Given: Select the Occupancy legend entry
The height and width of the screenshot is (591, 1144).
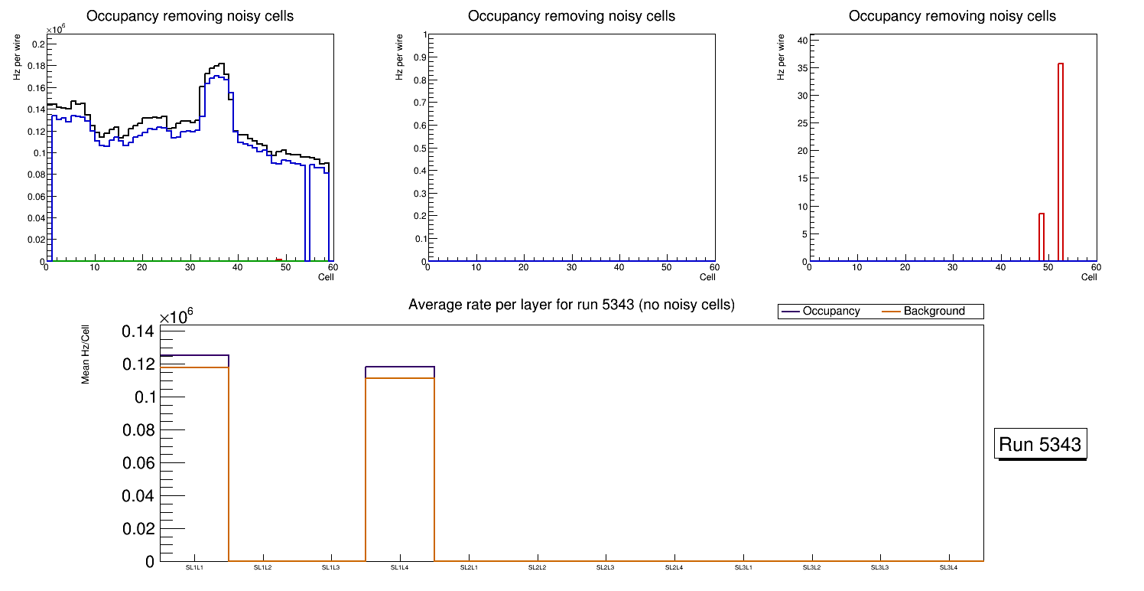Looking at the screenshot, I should click(830, 312).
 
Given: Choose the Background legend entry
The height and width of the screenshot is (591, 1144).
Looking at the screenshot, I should click(934, 312).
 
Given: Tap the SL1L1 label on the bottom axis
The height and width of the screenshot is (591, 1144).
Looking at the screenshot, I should click(195, 568).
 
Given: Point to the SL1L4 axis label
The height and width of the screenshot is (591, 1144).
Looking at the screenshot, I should click(400, 568).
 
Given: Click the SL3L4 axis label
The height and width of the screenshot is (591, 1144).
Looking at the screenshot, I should click(948, 568).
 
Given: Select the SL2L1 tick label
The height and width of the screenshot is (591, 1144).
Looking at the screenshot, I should click(469, 568).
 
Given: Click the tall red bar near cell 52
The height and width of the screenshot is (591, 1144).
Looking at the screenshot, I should click(1061, 161).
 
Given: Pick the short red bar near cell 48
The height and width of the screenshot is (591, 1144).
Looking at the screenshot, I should click(1042, 237).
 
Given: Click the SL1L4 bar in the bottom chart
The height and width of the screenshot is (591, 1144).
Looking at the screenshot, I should click(400, 467).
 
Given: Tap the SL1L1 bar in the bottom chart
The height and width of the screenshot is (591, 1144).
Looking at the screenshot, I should click(195, 459).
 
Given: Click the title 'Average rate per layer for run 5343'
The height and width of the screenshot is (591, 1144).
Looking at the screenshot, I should click(571, 305).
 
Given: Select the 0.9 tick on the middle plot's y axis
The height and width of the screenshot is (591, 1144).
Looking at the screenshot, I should click(418, 57).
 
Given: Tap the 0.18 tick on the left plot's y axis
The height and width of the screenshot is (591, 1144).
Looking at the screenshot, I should click(35, 66).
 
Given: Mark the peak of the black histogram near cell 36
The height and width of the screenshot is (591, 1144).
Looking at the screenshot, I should click(220, 64).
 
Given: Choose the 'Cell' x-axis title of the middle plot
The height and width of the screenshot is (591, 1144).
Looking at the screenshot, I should click(707, 277).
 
